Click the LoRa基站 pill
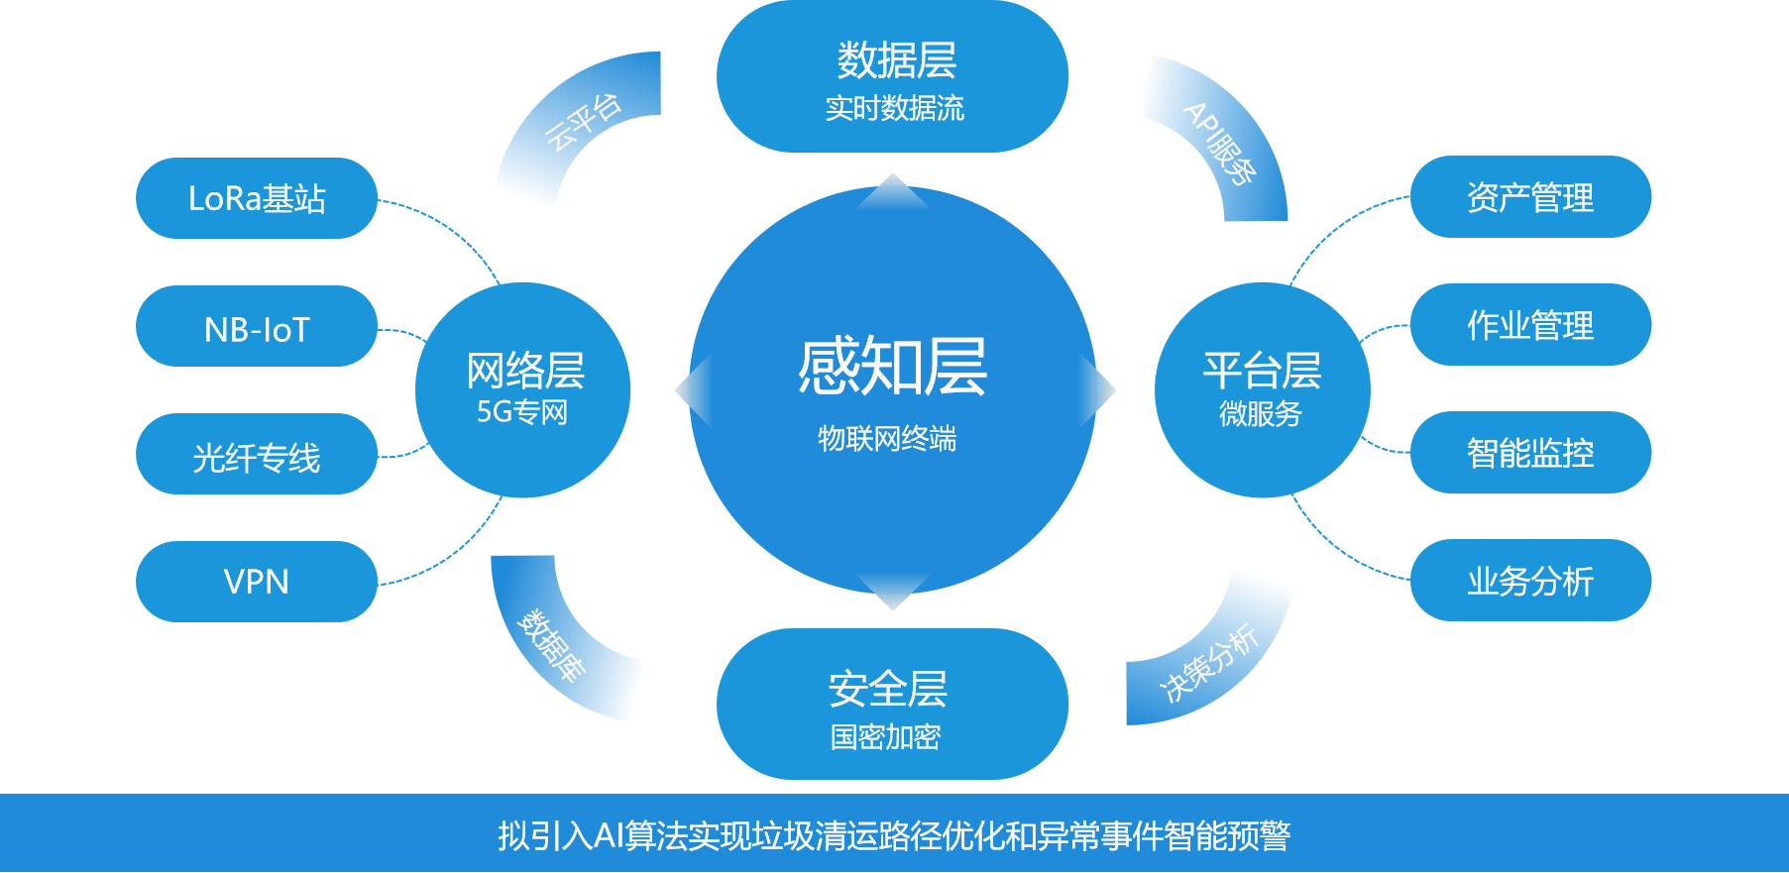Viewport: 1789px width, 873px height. [x=257, y=198]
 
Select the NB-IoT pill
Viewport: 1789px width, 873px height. [x=257, y=327]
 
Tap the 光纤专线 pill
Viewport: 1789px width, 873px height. [x=257, y=455]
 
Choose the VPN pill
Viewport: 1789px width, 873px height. [x=257, y=582]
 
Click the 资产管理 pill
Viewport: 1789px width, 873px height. [x=1530, y=197]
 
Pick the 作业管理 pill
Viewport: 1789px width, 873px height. [x=1530, y=325]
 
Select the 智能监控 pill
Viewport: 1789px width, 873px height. [x=1530, y=453]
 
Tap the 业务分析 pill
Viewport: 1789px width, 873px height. [x=1530, y=581]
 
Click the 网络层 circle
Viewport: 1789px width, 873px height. [x=522, y=389]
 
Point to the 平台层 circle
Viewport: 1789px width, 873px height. [x=1262, y=389]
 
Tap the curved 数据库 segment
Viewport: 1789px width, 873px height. [x=555, y=644]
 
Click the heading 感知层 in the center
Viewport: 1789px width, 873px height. [x=892, y=367]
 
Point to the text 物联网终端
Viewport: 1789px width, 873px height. [x=887, y=438]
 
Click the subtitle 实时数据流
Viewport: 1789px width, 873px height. [x=894, y=108]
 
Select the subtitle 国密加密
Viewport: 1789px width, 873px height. [x=885, y=737]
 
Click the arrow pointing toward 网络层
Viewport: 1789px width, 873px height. [x=695, y=390]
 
